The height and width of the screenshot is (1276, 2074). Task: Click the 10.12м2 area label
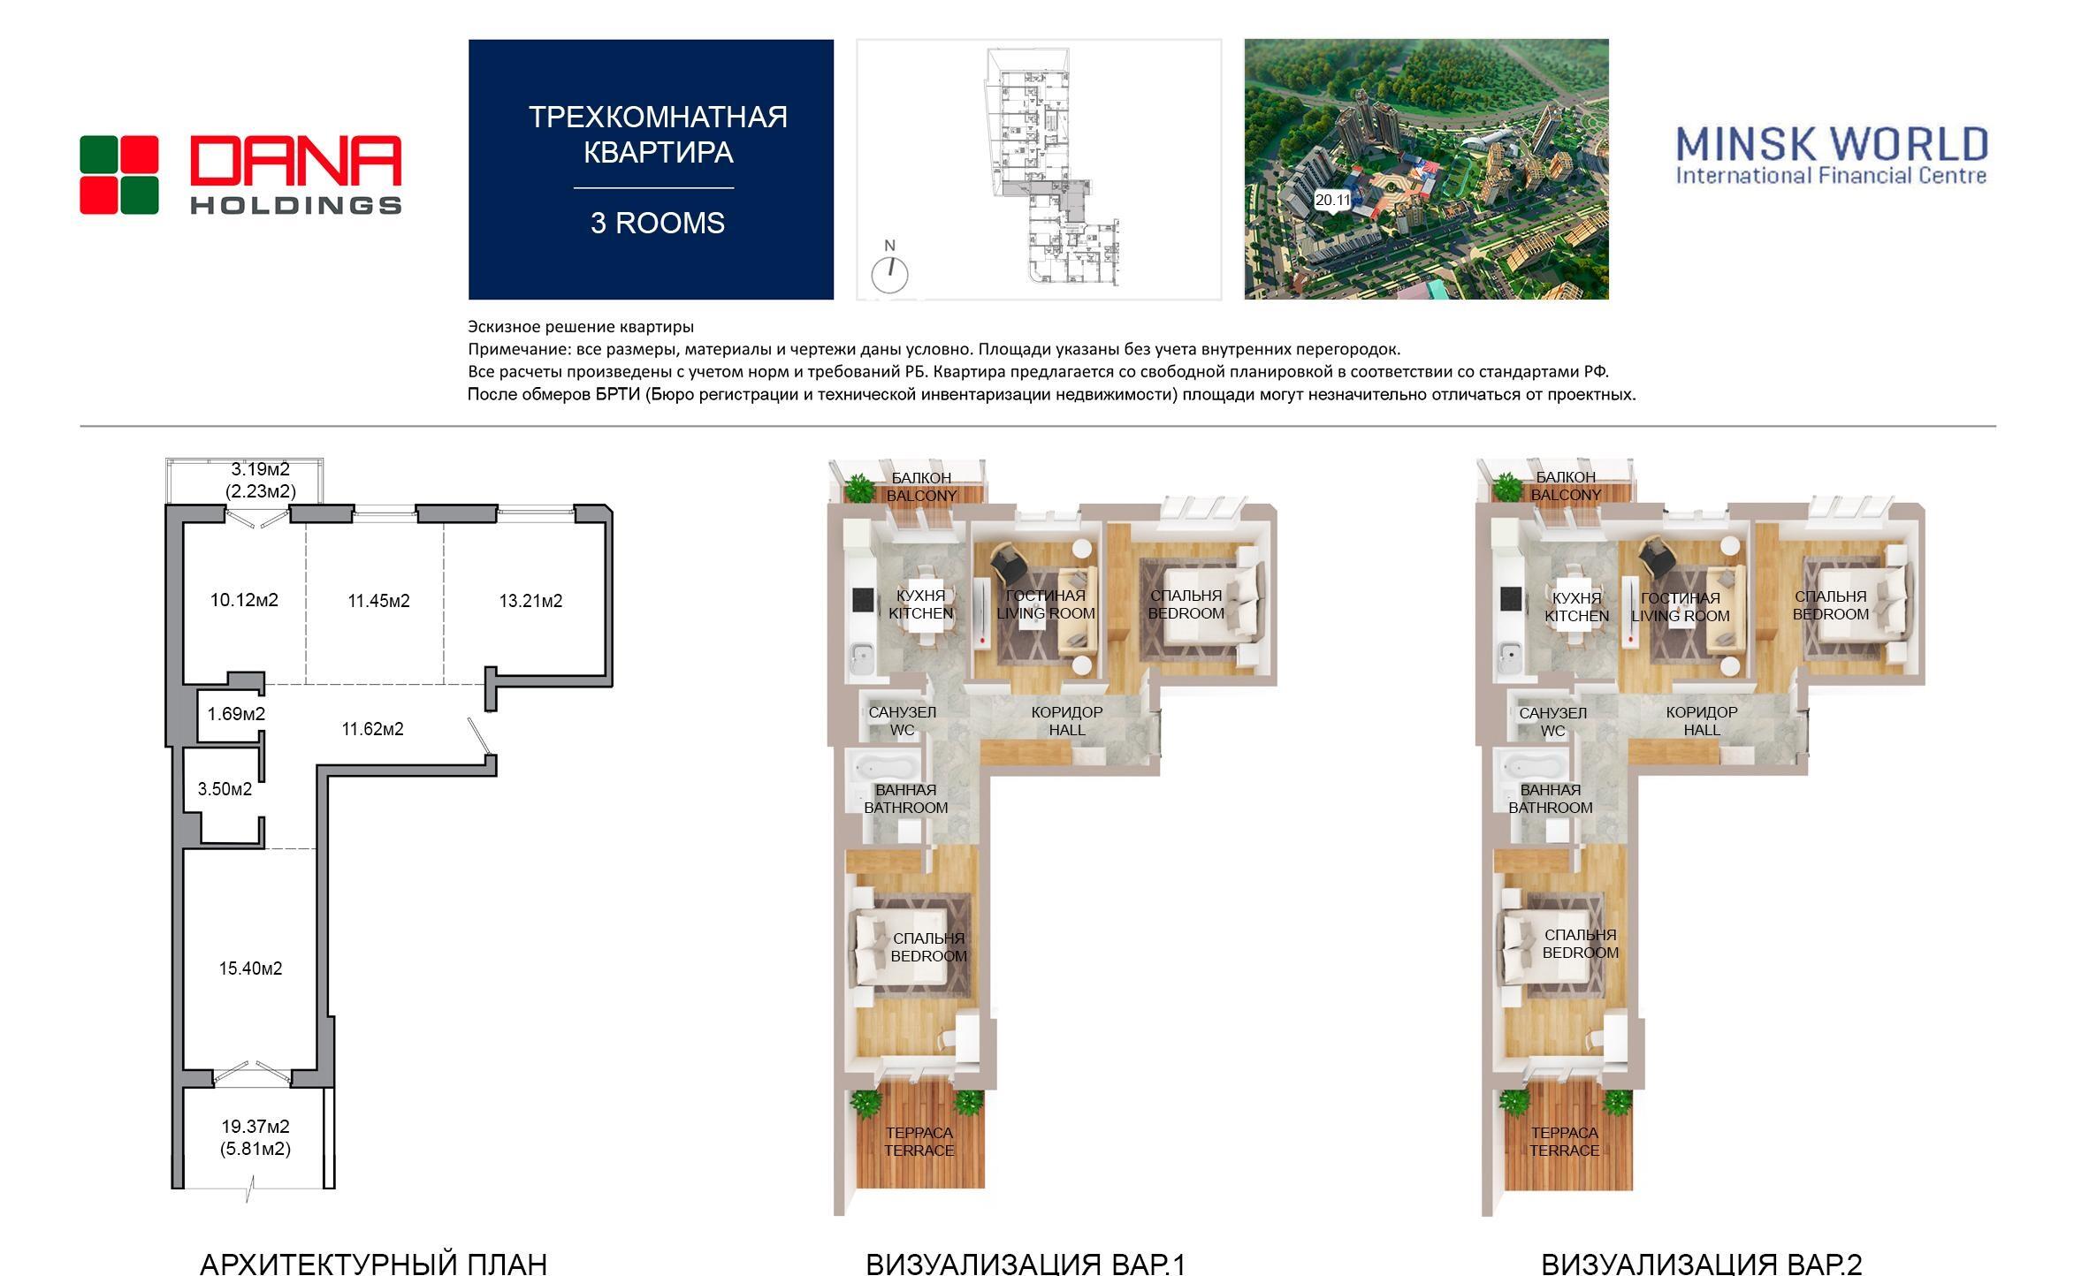(x=244, y=601)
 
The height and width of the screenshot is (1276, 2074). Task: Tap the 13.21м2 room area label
(x=530, y=602)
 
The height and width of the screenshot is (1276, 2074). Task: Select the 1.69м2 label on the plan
(x=236, y=714)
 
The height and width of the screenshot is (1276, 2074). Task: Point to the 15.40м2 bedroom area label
(x=251, y=968)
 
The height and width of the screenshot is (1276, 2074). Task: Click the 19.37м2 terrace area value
(x=255, y=1127)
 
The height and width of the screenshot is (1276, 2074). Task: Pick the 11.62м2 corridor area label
(x=372, y=729)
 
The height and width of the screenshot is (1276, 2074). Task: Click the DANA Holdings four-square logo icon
(x=119, y=175)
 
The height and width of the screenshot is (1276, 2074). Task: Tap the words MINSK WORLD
(x=1832, y=144)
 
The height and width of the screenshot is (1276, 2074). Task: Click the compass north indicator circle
(x=890, y=275)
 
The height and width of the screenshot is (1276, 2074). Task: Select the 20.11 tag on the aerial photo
(x=1332, y=201)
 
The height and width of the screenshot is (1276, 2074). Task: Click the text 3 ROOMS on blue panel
(x=658, y=224)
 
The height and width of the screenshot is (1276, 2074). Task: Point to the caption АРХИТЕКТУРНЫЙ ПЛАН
(x=373, y=1264)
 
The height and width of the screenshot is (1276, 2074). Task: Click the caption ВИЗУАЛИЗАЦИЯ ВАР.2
(x=1701, y=1264)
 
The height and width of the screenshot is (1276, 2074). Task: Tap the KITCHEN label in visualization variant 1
(x=921, y=613)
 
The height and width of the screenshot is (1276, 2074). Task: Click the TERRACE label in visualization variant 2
(x=1564, y=1151)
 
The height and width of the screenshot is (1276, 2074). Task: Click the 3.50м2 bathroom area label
(x=225, y=789)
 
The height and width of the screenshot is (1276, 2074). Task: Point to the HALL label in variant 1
(x=1067, y=730)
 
